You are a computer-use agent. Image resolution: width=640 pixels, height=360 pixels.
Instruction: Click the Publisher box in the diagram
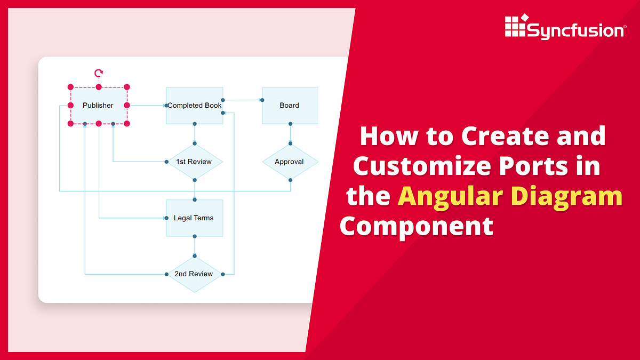tap(98, 106)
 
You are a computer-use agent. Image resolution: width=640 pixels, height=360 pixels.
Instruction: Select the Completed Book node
tap(195, 106)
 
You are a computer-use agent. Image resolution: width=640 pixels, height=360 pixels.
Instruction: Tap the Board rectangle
tap(290, 106)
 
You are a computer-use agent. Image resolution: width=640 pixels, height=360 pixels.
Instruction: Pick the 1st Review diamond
tap(194, 162)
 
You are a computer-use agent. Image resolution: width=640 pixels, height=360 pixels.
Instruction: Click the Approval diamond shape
tap(290, 162)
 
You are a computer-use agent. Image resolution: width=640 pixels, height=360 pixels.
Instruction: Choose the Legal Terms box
tap(194, 218)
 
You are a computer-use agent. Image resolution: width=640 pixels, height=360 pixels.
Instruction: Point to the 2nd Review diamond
tap(194, 274)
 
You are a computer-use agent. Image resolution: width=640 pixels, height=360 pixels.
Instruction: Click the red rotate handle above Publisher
tap(98, 73)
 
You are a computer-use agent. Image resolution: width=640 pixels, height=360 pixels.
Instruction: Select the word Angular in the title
tap(450, 196)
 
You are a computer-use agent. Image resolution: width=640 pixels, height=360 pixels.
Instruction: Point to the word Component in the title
tap(417, 226)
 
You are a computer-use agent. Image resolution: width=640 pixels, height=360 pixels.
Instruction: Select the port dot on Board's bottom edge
tap(291, 124)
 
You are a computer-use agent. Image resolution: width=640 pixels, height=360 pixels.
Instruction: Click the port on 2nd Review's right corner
tap(223, 274)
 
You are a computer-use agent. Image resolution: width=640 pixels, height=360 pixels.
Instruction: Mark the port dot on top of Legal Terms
tap(195, 199)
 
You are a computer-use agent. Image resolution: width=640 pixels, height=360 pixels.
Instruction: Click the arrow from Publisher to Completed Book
tap(147, 106)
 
